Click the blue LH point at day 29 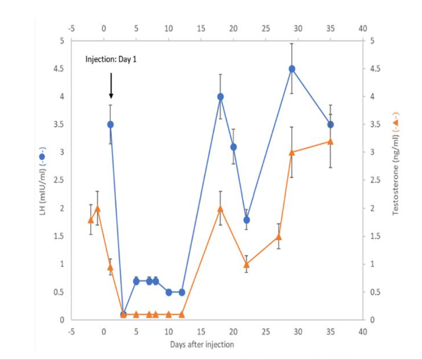(x=292, y=69)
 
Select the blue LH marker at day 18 (x=220, y=97)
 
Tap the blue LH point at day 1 (x=110, y=124)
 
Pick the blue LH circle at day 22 (x=246, y=220)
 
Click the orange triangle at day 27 (x=279, y=236)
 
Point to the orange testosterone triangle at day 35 (x=330, y=141)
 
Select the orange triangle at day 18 (x=220, y=208)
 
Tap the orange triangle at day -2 (x=91, y=220)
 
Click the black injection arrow (x=111, y=86)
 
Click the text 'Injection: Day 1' (x=110, y=59)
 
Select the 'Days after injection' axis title (x=202, y=345)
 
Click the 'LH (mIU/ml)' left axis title (x=43, y=180)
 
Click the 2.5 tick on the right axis (x=374, y=180)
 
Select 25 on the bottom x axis (x=265, y=332)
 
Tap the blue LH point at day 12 (x=181, y=292)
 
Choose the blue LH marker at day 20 (x=234, y=147)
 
